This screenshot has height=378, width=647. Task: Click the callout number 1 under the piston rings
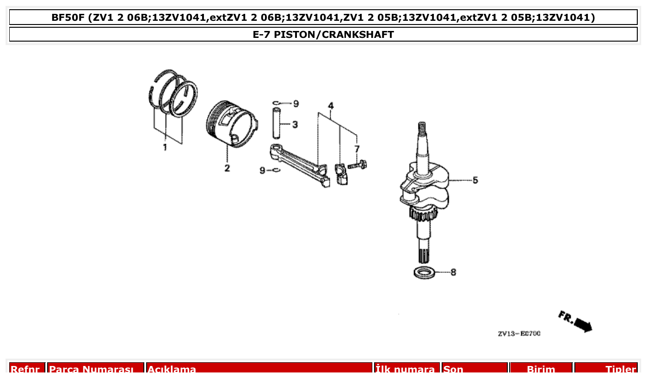[x=164, y=147]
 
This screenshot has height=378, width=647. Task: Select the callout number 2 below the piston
[x=227, y=168]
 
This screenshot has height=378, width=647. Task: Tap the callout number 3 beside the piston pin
[x=295, y=124]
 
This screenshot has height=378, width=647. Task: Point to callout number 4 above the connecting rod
[x=331, y=106]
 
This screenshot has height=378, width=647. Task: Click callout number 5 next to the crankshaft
[x=475, y=180]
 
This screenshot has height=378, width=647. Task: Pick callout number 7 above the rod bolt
[x=357, y=148]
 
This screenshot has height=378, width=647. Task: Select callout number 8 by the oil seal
[x=453, y=272]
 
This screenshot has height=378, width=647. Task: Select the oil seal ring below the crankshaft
[x=424, y=273]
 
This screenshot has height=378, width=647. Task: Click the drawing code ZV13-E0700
[x=519, y=334]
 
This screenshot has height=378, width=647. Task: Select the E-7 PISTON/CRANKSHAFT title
[x=323, y=35]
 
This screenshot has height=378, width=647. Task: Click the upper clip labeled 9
[x=276, y=103]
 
